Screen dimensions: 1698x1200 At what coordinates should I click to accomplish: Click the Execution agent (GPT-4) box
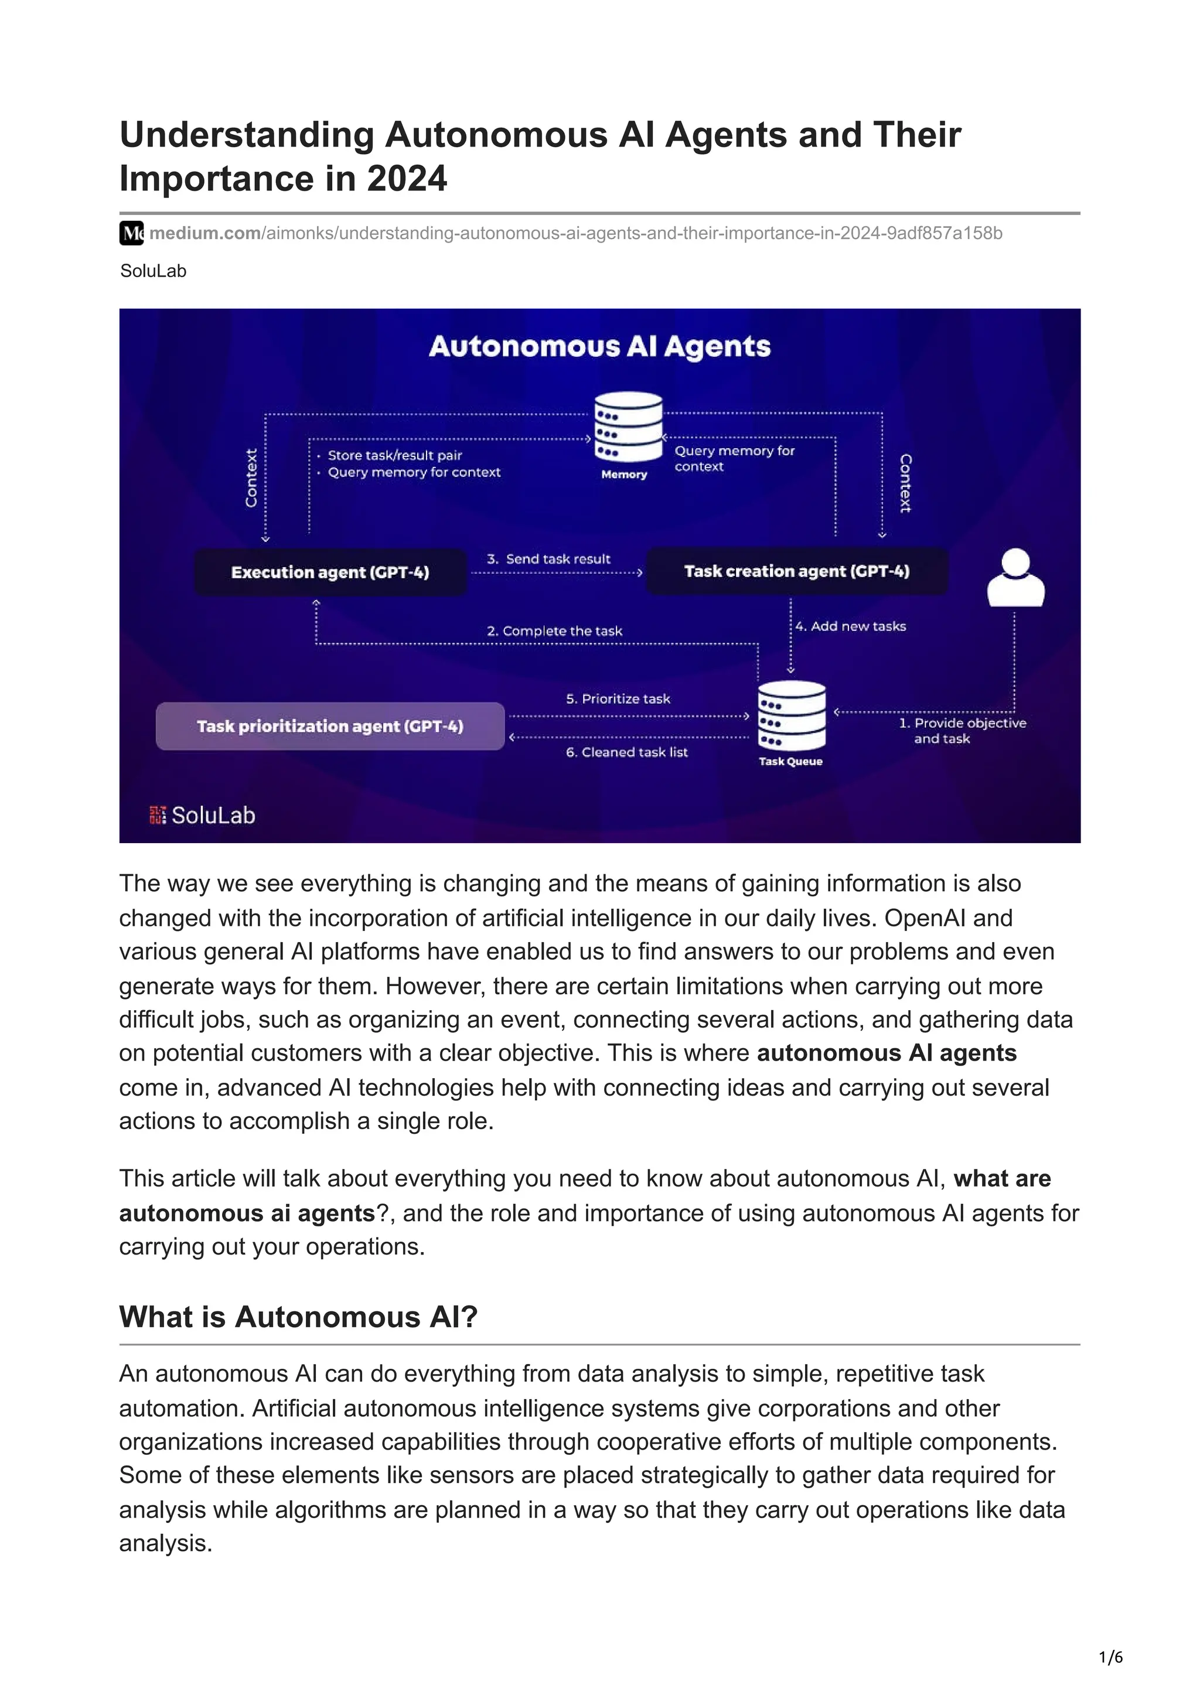click(x=330, y=572)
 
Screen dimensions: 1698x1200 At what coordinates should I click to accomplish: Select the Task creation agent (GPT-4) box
click(x=796, y=571)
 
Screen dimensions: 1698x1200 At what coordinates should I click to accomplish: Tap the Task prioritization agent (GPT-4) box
click(x=330, y=726)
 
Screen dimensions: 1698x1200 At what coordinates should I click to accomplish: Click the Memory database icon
click(x=628, y=428)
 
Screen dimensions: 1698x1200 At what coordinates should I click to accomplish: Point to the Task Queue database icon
click(x=791, y=717)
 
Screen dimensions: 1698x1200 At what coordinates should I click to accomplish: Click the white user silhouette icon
click(x=1015, y=578)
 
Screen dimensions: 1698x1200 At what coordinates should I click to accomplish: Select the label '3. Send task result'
click(x=548, y=559)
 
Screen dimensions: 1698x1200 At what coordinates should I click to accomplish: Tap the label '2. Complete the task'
click(x=554, y=631)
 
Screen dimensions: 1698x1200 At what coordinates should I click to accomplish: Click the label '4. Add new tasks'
click(x=850, y=626)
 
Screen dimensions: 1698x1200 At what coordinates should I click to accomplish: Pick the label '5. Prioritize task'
click(x=618, y=699)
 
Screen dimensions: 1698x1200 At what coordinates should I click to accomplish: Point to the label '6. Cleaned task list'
click(x=627, y=752)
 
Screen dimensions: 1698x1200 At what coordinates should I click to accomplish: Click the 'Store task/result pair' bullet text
click(x=395, y=456)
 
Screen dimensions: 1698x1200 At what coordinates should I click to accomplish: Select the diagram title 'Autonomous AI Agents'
click(x=599, y=346)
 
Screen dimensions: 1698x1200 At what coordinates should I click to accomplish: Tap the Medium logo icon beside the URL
click(x=132, y=233)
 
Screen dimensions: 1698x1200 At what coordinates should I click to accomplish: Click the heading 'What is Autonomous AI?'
click(x=299, y=1317)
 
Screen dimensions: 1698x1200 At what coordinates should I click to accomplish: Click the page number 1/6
click(x=1110, y=1658)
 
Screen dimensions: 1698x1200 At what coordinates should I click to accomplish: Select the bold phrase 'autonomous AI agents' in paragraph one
click(x=887, y=1052)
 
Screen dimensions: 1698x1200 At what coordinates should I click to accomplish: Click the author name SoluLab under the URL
click(x=153, y=271)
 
